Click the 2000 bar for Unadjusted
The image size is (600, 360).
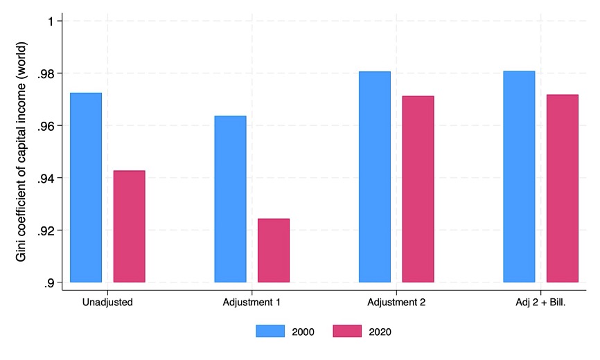[x=86, y=188]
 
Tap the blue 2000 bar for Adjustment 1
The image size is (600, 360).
[x=230, y=199]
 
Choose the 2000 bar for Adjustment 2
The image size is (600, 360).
[x=375, y=177]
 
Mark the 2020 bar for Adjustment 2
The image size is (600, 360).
[x=418, y=189]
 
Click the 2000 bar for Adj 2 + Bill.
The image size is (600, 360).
[x=519, y=177]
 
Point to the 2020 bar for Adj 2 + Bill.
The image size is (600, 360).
[x=562, y=188]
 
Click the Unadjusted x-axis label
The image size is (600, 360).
[x=107, y=303]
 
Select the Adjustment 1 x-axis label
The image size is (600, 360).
[x=252, y=303]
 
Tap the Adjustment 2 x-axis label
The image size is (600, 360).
[x=396, y=303]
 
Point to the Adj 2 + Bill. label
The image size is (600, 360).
[x=541, y=303]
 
